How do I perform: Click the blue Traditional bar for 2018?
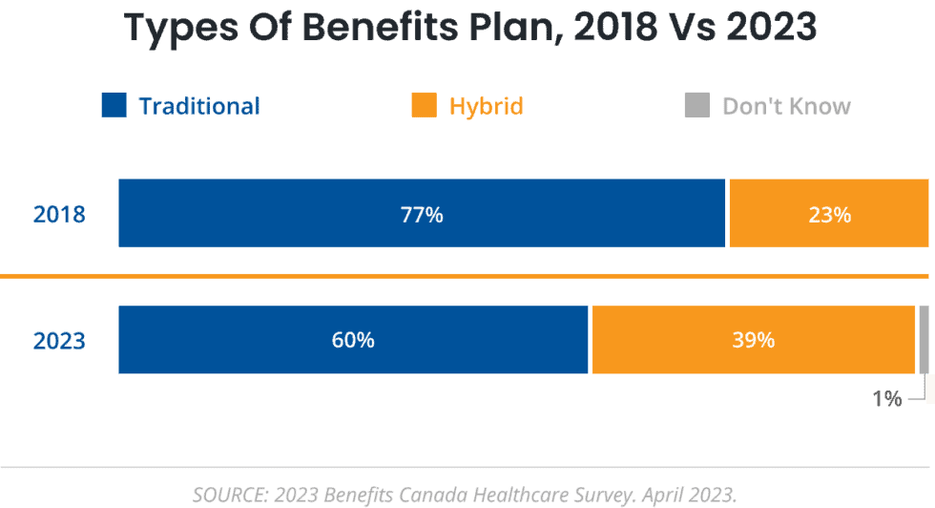[x=286, y=213]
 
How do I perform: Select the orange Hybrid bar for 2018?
[x=782, y=213]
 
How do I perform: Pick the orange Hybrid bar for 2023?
[x=687, y=340]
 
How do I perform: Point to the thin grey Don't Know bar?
[x=923, y=340]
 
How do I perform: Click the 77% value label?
[x=422, y=215]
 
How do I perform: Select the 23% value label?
[x=829, y=215]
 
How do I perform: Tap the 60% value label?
[x=353, y=340]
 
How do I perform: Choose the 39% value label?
[x=753, y=340]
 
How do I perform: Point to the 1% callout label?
[x=886, y=398]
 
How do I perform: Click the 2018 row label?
[x=59, y=215]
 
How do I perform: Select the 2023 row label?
[x=59, y=341]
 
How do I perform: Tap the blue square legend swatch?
[x=114, y=105]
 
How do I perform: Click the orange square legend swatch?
[x=424, y=105]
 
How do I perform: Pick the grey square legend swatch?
[x=697, y=105]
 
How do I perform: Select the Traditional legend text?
[x=199, y=106]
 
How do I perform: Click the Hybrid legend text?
[x=487, y=106]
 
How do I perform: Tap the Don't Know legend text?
[x=786, y=106]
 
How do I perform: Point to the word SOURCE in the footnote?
[x=229, y=495]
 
